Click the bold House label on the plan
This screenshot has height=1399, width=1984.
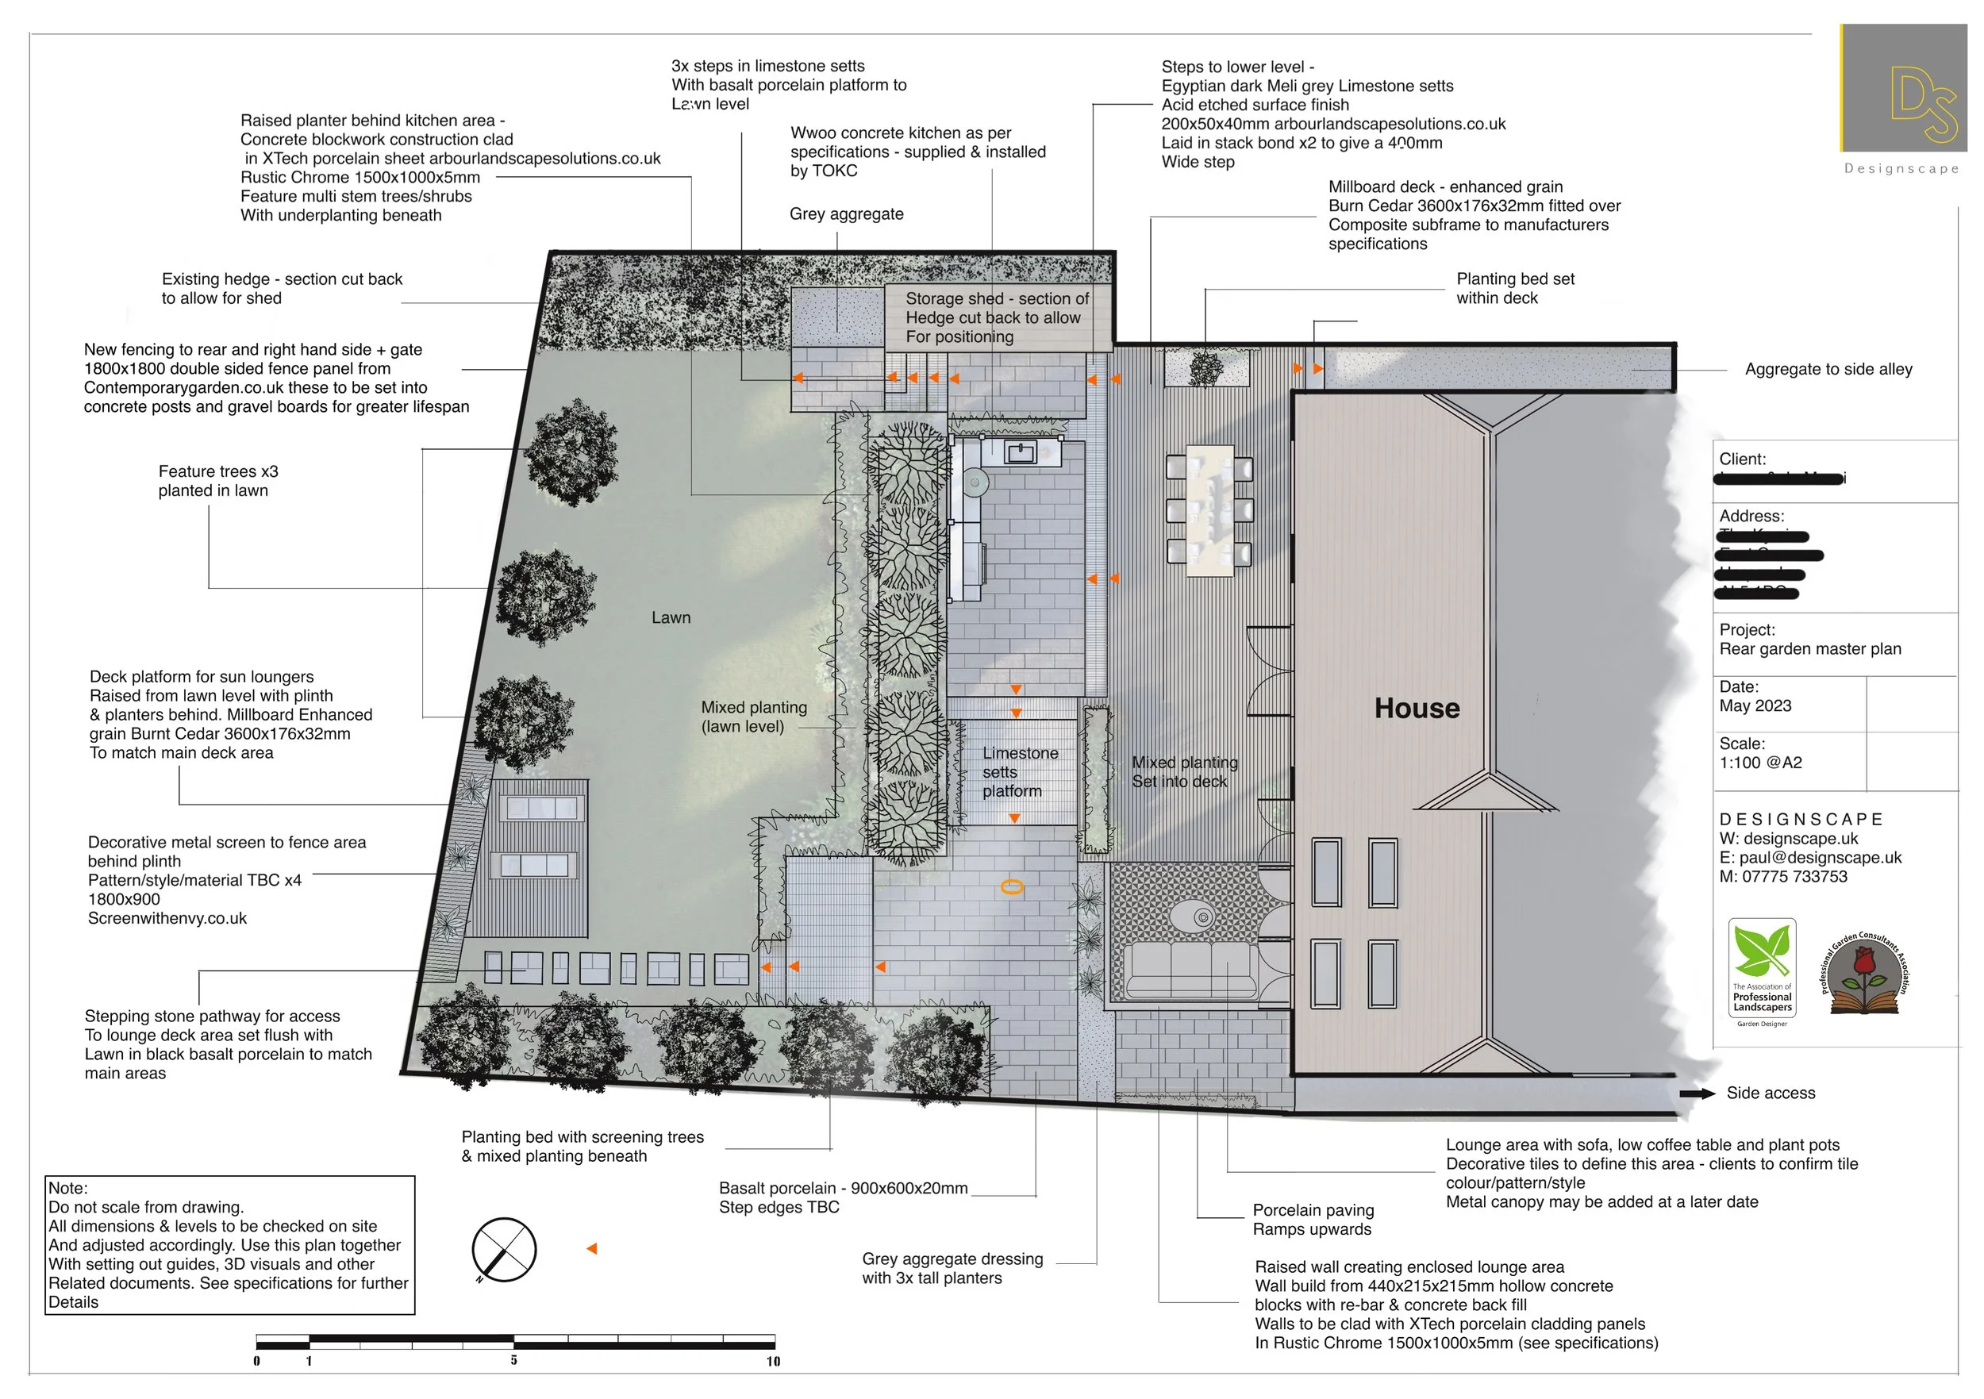[1417, 709]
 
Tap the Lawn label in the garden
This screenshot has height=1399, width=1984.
[671, 618]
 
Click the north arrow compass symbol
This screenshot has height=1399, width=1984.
[504, 1250]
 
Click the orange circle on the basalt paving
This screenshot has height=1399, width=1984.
[1012, 886]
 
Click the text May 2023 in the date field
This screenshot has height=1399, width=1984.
[1755, 706]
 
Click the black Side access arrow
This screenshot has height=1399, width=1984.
[1696, 1094]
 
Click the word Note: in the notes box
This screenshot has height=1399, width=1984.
[68, 1188]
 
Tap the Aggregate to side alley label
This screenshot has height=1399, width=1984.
[1828, 370]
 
